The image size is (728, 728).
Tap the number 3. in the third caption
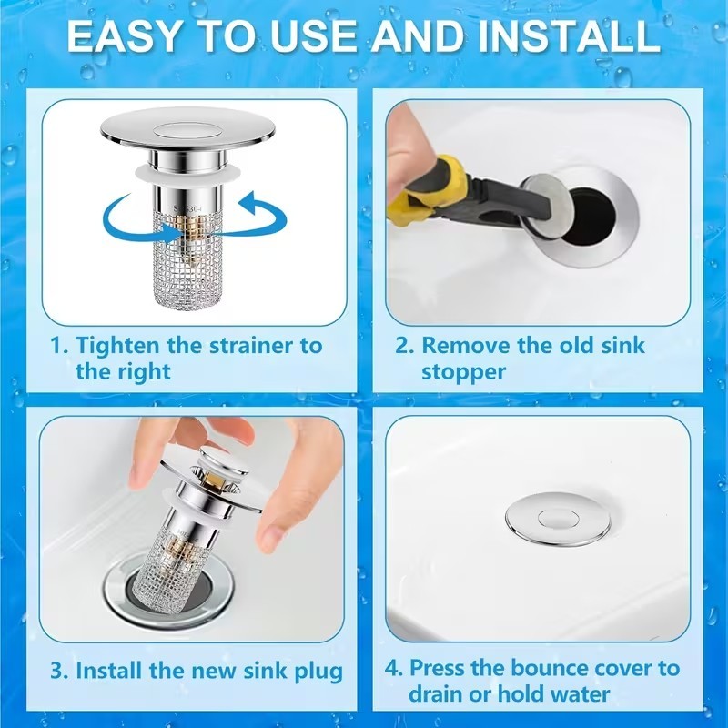coord(59,672)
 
